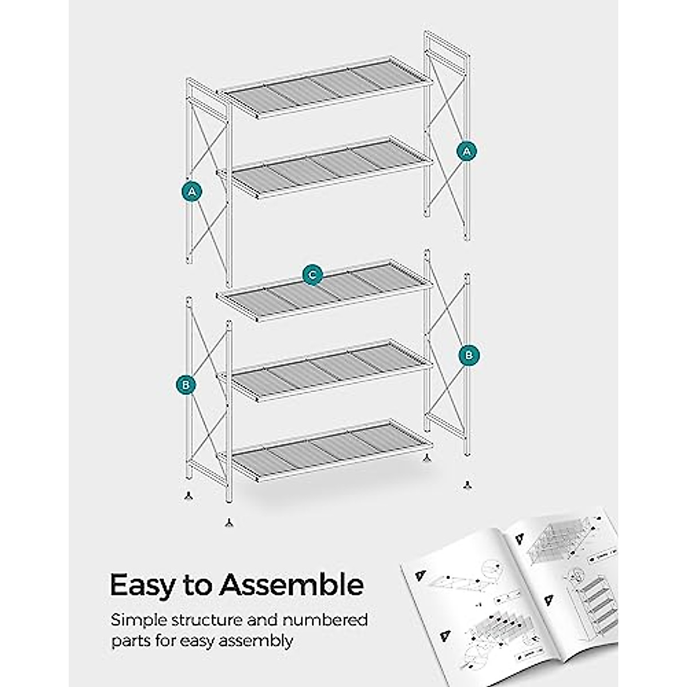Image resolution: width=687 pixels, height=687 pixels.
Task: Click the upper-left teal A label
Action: tap(192, 191)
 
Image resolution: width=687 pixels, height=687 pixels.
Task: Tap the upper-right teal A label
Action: tap(467, 151)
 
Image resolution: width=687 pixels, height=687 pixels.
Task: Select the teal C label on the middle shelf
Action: tap(312, 275)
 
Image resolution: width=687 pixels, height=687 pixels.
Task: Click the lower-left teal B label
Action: tap(185, 385)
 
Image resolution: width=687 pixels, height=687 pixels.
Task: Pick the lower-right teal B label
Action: tap(469, 355)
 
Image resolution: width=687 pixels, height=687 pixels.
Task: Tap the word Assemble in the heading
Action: tap(292, 586)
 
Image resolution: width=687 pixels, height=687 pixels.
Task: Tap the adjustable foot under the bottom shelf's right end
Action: tap(426, 458)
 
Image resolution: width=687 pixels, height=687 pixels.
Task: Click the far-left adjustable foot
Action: tap(188, 495)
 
